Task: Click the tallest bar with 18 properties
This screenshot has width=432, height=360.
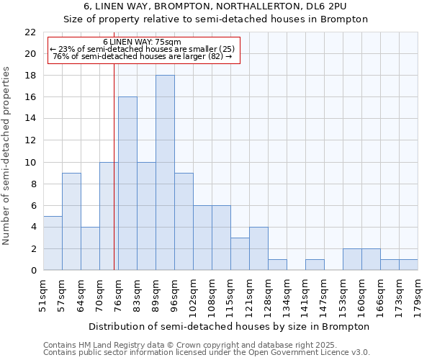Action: point(165,173)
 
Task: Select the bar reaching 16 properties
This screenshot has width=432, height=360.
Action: point(127,184)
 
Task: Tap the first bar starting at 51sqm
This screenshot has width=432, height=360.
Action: point(53,243)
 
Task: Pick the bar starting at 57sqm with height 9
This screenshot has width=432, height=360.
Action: point(71,222)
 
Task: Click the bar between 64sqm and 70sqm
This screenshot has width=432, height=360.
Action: point(90,248)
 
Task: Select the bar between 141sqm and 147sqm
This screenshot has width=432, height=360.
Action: point(315,265)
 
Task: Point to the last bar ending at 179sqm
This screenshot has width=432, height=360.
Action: point(408,265)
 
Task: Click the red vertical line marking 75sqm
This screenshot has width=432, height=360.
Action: point(114,180)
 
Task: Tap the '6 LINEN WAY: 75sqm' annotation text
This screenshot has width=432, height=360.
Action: point(142,42)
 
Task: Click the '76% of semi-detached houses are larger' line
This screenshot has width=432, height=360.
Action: point(142,56)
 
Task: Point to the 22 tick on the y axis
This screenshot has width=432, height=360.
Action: point(30,32)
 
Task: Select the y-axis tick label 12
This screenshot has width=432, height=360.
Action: point(30,140)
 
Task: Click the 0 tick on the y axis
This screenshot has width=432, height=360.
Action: point(33,271)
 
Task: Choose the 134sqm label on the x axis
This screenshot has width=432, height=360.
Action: point(287,295)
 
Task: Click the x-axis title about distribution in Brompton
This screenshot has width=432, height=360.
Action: point(230,326)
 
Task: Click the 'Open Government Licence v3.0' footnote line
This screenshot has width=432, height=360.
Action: point(206,353)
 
